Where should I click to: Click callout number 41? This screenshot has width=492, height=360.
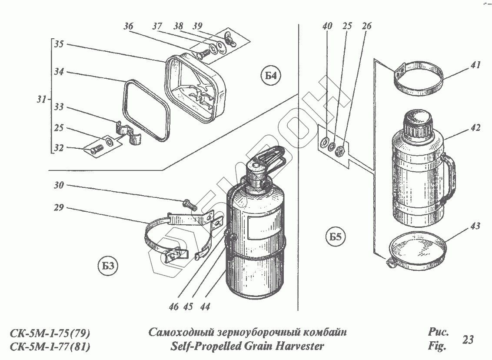[475, 65]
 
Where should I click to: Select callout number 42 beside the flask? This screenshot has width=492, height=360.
[475, 128]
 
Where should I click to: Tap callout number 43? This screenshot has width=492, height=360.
[475, 227]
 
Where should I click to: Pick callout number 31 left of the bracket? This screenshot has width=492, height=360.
[41, 100]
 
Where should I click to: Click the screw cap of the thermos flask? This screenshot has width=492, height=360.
[417, 123]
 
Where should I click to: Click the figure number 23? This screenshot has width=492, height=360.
[468, 340]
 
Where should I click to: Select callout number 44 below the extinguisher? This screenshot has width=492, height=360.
[205, 307]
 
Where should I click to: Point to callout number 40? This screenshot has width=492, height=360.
[327, 27]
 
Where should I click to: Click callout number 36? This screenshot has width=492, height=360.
[128, 27]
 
